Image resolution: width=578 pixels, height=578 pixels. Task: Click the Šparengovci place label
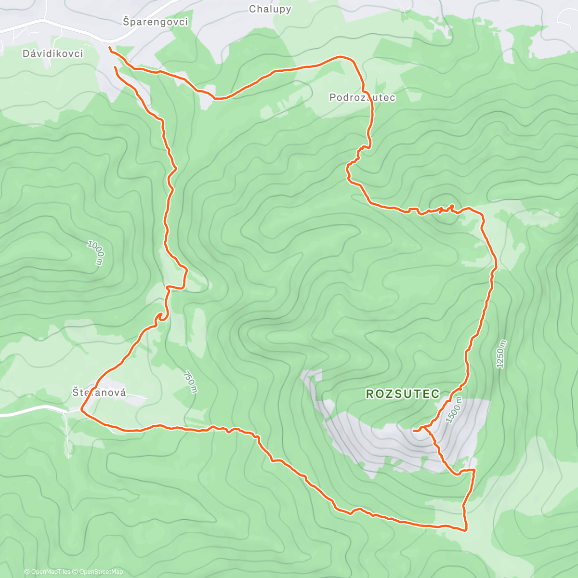(155, 22)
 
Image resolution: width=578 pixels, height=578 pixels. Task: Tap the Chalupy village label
(270, 9)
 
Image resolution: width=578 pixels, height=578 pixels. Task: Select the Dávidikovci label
(53, 53)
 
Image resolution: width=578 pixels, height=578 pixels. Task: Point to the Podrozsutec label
(362, 97)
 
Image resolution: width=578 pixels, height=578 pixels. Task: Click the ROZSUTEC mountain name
(403, 394)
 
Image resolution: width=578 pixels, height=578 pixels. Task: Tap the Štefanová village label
(99, 393)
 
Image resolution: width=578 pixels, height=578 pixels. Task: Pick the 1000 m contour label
(96, 252)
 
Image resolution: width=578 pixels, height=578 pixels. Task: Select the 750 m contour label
(190, 381)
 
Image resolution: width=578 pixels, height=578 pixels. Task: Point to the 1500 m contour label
(454, 410)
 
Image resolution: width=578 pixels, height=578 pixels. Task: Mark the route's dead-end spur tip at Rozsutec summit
(414, 430)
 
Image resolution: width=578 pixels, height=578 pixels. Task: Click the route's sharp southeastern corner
(466, 530)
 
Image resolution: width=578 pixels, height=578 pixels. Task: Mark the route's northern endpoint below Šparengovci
(110, 48)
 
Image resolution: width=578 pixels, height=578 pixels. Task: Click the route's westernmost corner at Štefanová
(81, 410)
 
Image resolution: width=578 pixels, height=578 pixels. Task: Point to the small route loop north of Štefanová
(159, 316)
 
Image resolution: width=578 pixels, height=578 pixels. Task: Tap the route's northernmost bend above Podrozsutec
(343, 57)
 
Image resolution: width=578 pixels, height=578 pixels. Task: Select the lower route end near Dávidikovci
(115, 68)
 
